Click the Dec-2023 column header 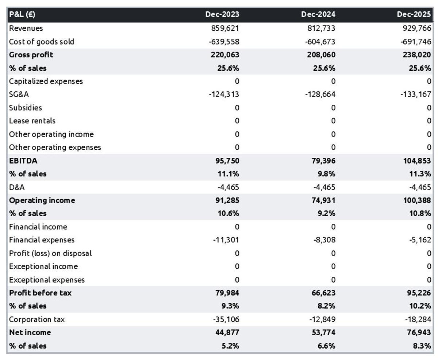[222, 15]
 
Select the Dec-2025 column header [414, 15]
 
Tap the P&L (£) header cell [22, 15]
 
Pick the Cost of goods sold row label [41, 42]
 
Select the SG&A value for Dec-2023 [224, 95]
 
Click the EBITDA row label [23, 161]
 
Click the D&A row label [17, 187]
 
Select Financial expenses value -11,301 [226, 240]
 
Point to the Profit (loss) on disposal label [50, 253]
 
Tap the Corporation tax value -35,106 [226, 319]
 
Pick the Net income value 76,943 [417, 333]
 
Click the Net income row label [30, 333]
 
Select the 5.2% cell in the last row [230, 346]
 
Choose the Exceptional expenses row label [47, 280]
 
